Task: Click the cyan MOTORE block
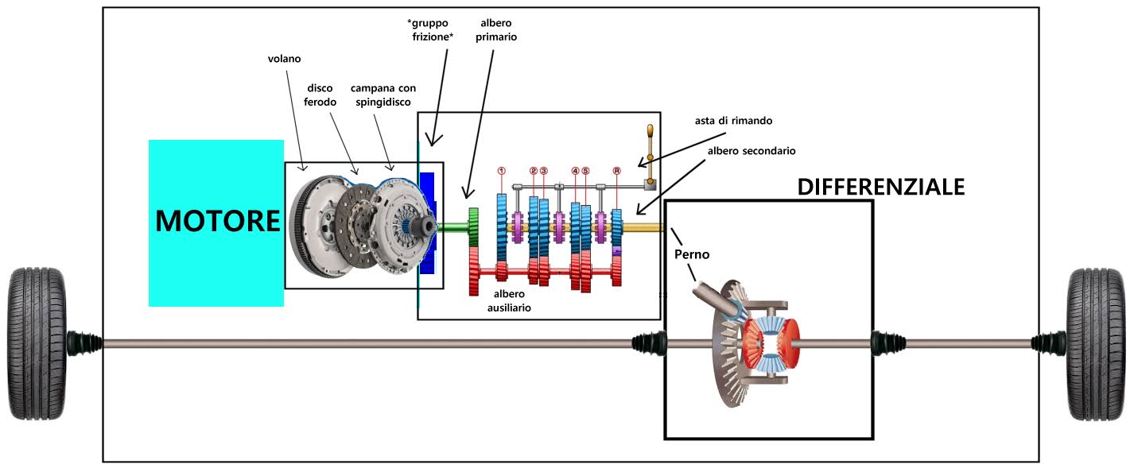(x=216, y=222)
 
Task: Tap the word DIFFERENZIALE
(x=880, y=187)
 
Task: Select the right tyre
(x=1097, y=343)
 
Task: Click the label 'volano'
(x=285, y=58)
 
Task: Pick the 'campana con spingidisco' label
(x=383, y=95)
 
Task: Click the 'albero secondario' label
(x=752, y=150)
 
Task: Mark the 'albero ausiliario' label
(x=509, y=300)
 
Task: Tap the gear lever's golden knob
(x=650, y=132)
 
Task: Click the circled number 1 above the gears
(x=502, y=171)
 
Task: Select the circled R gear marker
(x=616, y=171)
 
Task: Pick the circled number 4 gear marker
(x=575, y=171)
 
